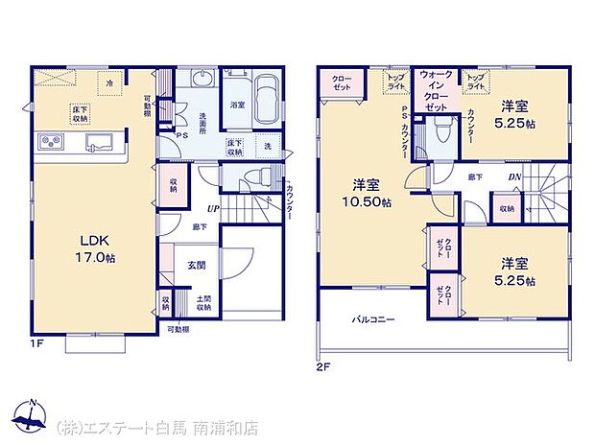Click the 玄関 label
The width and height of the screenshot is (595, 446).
pyautogui.click(x=196, y=265)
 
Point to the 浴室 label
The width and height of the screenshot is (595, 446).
pyautogui.click(x=237, y=105)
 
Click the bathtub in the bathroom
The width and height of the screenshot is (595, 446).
pyautogui.click(x=267, y=98)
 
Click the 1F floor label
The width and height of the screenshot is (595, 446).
pyautogui.click(x=34, y=342)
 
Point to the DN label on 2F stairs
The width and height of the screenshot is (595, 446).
pyautogui.click(x=513, y=176)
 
